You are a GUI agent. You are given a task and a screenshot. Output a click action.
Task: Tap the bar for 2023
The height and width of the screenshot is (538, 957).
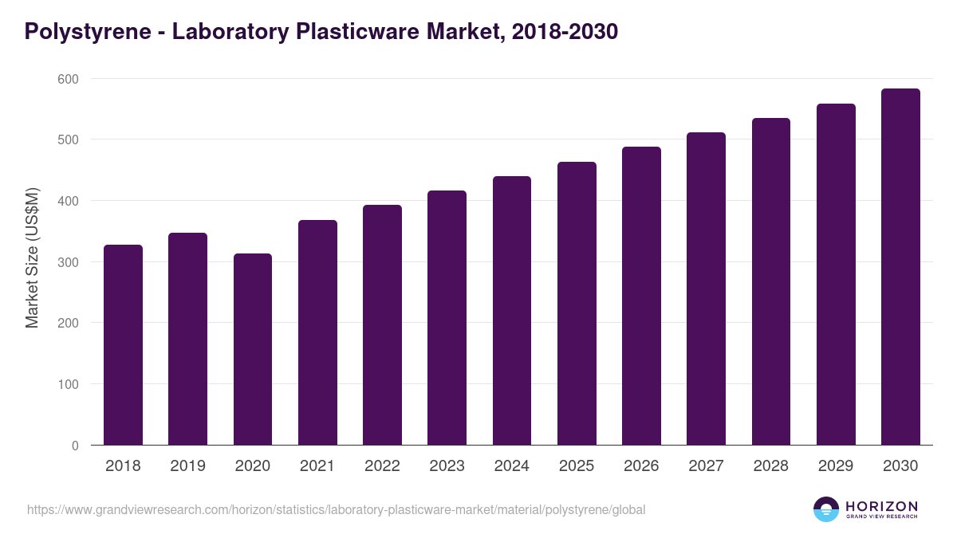447,318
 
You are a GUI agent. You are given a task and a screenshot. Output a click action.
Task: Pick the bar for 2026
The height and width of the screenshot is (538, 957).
641,296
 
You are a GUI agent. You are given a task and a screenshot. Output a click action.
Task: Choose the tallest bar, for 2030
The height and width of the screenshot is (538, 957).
900,267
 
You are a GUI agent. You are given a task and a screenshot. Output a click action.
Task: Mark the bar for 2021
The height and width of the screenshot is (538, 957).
317,332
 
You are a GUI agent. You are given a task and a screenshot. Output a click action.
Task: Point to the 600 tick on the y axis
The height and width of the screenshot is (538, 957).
68,79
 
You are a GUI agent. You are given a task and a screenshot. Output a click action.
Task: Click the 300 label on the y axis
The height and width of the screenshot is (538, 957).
68,262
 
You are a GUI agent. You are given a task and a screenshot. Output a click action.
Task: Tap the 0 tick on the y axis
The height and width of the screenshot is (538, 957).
74,446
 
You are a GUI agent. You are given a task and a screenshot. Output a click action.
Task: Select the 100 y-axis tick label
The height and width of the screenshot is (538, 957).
68,384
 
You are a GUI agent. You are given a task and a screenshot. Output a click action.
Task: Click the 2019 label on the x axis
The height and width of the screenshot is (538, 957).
187,466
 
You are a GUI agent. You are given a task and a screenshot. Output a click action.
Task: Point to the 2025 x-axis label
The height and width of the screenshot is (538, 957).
577,466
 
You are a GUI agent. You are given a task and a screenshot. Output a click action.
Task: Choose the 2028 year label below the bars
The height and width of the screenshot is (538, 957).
770,466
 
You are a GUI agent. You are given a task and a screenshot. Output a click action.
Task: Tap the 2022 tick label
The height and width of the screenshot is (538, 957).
382,466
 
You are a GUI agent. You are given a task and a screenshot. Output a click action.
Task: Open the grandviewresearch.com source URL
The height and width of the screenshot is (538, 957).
336,509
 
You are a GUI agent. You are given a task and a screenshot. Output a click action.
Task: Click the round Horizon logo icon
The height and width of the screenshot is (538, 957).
826,509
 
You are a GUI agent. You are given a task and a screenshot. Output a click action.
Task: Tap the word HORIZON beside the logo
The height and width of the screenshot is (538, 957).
881,505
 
